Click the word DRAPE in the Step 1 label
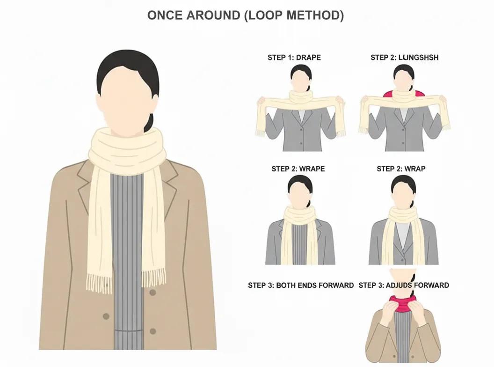(x=308, y=58)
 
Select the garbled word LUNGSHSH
(x=418, y=58)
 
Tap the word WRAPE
(x=312, y=169)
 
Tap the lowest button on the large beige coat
(x=153, y=331)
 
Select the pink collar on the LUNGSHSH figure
(x=403, y=93)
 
